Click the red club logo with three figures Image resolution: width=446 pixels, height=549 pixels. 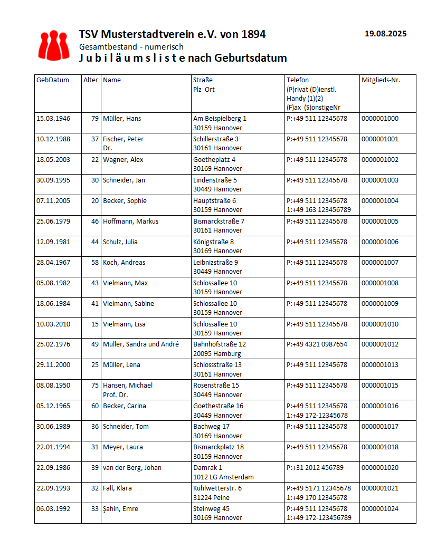pos(54,45)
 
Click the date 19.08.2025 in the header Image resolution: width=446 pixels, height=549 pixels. pos(385,34)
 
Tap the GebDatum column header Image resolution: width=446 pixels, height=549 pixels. pos(53,80)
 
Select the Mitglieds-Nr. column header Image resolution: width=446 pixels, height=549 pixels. pos(381,80)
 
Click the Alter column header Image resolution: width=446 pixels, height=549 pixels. pos(91,80)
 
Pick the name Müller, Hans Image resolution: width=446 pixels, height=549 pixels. pos(122,119)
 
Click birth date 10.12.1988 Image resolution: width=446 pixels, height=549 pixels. pos(53,139)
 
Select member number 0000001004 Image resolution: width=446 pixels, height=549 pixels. pos(379,201)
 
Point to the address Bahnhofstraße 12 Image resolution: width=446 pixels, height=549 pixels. pos(220,344)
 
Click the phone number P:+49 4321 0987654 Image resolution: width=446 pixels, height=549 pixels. pos(317,344)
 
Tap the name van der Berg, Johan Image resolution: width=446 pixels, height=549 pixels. pos(132,468)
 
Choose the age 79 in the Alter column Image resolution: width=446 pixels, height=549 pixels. pos(95,119)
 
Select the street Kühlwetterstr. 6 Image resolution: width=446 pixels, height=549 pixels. pos(217,488)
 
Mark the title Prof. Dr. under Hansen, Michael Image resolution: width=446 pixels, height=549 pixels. pos(116,394)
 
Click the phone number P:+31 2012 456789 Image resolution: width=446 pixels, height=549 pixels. pos(315,468)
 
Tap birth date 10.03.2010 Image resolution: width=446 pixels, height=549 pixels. pos(53,324)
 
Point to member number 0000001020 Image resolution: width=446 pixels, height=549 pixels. pos(379,468)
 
